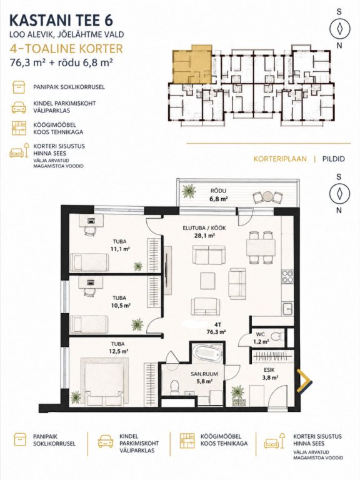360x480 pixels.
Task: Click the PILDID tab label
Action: pyautogui.click(x=333, y=159)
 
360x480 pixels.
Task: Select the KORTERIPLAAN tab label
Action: pyautogui.click(x=280, y=159)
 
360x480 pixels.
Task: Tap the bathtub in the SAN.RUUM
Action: pyautogui.click(x=209, y=353)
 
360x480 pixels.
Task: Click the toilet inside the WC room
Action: pyautogui.click(x=278, y=336)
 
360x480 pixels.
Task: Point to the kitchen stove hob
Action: pyautogui.click(x=287, y=276)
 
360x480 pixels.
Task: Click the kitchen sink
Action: pyautogui.click(x=287, y=309)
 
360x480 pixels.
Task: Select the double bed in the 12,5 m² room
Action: pyautogui.click(x=105, y=382)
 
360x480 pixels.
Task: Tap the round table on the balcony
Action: pyautogui.click(x=267, y=196)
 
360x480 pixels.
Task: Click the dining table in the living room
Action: pyautogui.click(x=261, y=247)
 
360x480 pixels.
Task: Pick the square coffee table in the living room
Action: pyautogui.click(x=209, y=281)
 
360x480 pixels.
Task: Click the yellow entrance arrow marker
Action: pyautogui.click(x=305, y=381)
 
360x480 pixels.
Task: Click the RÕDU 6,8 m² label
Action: pyautogui.click(x=218, y=195)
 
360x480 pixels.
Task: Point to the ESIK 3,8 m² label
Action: pyautogui.click(x=271, y=374)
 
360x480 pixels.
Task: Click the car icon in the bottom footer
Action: pyautogui.click(x=106, y=442)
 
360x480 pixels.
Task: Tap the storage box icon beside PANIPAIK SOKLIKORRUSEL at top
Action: pyautogui.click(x=19, y=87)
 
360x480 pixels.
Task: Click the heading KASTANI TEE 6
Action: pyautogui.click(x=61, y=20)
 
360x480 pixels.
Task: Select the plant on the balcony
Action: pyautogui.click(x=189, y=191)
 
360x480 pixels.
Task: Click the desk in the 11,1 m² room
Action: pyautogui.click(x=91, y=221)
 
